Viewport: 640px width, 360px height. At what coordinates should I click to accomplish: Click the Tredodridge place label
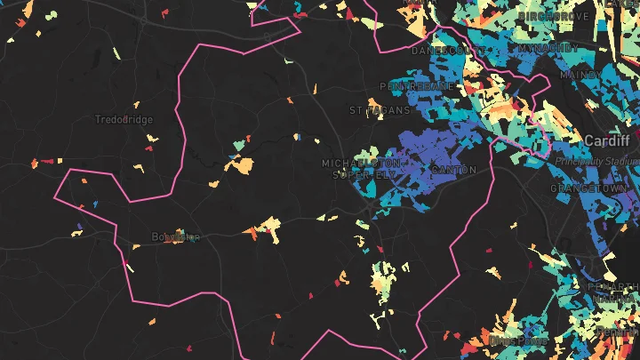click(124, 119)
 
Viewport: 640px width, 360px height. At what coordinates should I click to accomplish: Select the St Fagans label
click(380, 110)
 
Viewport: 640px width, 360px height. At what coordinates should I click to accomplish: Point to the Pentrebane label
click(417, 86)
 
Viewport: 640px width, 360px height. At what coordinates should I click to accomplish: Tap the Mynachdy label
click(550, 46)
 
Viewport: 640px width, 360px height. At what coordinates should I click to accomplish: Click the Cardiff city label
click(607, 141)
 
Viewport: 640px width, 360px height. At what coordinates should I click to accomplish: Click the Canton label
click(453, 170)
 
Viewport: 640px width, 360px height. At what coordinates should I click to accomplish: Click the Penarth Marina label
click(613, 286)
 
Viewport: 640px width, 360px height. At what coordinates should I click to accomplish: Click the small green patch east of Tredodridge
click(241, 142)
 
